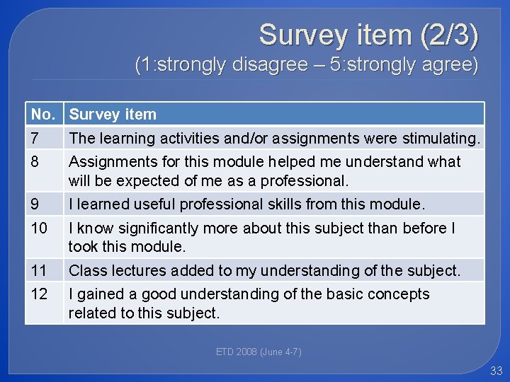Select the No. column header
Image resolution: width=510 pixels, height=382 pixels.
[x=42, y=114]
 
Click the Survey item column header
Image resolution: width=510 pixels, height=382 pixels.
[x=113, y=114]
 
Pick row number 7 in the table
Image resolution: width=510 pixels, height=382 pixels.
[x=35, y=137]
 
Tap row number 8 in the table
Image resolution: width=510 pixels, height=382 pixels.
[x=35, y=161]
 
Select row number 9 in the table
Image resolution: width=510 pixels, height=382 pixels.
[x=35, y=204]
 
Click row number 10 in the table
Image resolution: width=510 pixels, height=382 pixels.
[x=39, y=228]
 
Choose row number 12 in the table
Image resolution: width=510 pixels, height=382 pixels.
[x=39, y=294]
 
